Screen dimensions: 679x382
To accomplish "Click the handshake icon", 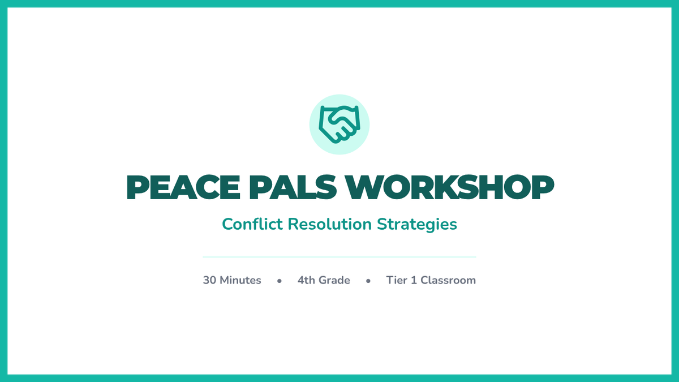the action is pos(339,125).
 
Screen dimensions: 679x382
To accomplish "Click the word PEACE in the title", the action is pos(183,187).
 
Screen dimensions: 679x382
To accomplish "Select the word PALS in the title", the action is pos(293,187).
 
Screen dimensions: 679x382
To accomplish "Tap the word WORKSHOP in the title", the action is pos(450,187).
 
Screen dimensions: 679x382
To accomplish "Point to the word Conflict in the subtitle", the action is pos(252,224).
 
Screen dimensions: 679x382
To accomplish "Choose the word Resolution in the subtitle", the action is pos(329,224).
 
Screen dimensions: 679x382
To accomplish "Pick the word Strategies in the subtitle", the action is pos(417,225).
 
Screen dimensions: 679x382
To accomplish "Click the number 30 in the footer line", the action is pos(209,280).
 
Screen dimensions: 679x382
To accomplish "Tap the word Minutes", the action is pos(240,280).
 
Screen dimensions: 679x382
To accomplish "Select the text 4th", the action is pos(306,280).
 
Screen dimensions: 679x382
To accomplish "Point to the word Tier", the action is pos(397,280).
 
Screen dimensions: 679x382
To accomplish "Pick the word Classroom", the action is pos(448,280).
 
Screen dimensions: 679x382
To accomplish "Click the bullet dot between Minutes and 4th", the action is pos(279,281).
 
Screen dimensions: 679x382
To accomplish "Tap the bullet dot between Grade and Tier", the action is pos(368,281).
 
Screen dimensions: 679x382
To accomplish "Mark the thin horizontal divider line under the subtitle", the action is pos(339,257).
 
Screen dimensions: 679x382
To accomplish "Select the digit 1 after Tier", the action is pos(414,280).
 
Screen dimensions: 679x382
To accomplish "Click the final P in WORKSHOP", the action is pos(543,187).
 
